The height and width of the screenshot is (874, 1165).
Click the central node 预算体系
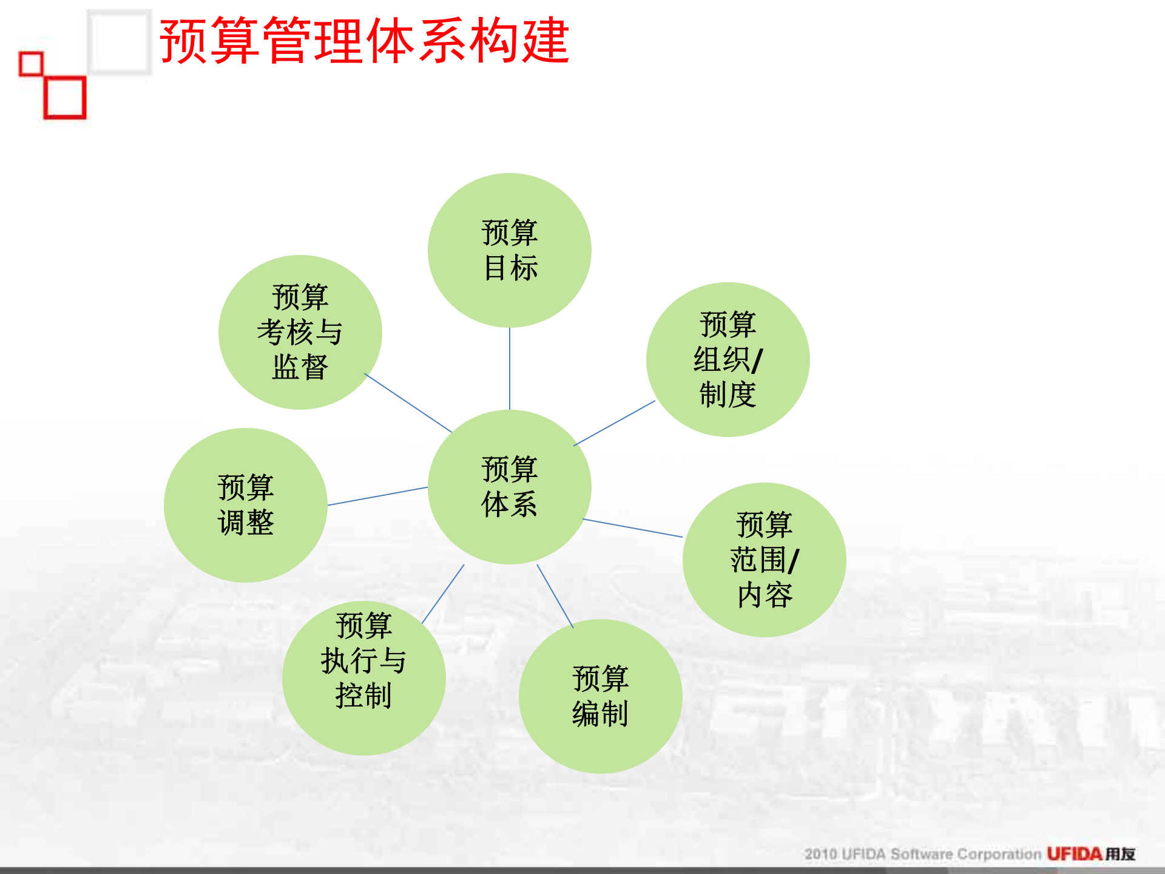click(510, 487)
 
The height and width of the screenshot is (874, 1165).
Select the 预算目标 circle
click(510, 250)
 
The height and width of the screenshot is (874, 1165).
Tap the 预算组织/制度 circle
click(728, 359)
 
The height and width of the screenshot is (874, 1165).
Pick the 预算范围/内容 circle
click(764, 560)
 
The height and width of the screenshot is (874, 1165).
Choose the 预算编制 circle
click(600, 696)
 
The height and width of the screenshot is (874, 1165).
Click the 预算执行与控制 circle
click(363, 678)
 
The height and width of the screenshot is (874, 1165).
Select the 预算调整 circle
click(246, 505)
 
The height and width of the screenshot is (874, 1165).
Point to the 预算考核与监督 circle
click(300, 332)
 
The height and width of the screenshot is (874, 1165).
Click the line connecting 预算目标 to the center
click(510, 368)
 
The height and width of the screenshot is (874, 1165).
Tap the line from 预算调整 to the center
click(377, 496)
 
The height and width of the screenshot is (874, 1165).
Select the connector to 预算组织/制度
click(614, 423)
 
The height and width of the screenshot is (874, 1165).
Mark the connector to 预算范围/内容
click(632, 528)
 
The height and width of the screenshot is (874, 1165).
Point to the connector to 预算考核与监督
click(408, 402)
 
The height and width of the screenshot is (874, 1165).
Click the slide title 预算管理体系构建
click(364, 41)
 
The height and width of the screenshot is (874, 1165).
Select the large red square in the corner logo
click(65, 98)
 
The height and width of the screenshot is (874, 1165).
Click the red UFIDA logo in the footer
click(1074, 854)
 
